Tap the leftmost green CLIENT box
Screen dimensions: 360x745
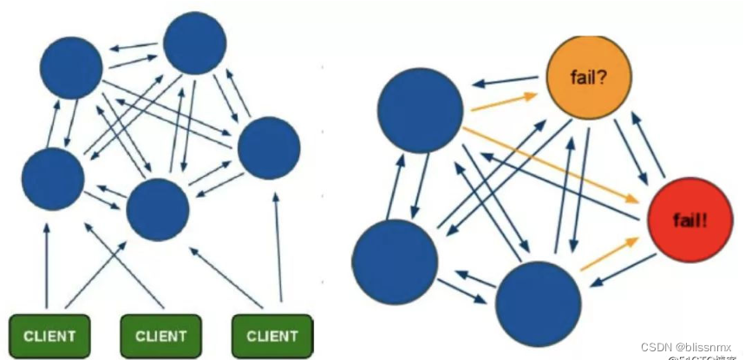pyautogui.click(x=49, y=334)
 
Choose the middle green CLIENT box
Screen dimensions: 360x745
pyautogui.click(x=160, y=334)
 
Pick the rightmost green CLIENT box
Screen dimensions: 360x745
pyautogui.click(x=272, y=334)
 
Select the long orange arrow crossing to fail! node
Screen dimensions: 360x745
pyautogui.click(x=555, y=166)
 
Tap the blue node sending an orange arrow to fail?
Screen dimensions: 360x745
pyautogui.click(x=421, y=108)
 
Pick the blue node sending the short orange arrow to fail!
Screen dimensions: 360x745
pyautogui.click(x=538, y=303)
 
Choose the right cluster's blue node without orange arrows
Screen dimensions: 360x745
pyautogui.click(x=395, y=261)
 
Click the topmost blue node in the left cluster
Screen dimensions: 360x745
pyautogui.click(x=195, y=43)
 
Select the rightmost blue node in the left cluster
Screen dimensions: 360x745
pyautogui.click(x=268, y=148)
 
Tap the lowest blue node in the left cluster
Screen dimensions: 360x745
pyautogui.click(x=158, y=211)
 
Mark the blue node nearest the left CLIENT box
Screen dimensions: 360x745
pyautogui.click(x=53, y=179)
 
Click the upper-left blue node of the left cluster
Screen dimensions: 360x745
pyautogui.click(x=71, y=66)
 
